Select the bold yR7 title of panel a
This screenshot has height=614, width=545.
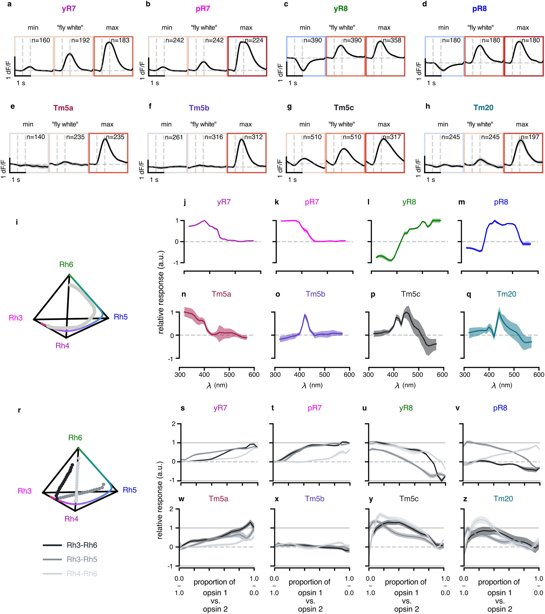(x=69, y=9)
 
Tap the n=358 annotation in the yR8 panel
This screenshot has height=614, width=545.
(x=392, y=40)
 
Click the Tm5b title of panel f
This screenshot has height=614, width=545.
(x=199, y=108)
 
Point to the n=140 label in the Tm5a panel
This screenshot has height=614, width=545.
(x=35, y=137)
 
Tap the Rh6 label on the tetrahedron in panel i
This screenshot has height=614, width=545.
(x=66, y=264)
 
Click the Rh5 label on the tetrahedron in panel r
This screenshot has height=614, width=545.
(x=130, y=490)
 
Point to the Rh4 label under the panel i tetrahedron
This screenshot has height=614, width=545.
(x=62, y=346)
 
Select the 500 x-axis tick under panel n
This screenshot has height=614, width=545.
(x=229, y=375)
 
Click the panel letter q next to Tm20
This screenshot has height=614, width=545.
(x=469, y=294)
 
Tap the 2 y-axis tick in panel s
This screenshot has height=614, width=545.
(x=173, y=424)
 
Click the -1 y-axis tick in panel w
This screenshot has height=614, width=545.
(x=171, y=566)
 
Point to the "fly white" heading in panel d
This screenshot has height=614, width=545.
(x=480, y=28)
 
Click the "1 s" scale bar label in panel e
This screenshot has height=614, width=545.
(x=16, y=180)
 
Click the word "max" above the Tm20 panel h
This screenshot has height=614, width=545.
(x=522, y=124)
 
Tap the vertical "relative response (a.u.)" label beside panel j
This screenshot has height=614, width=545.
(x=161, y=292)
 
